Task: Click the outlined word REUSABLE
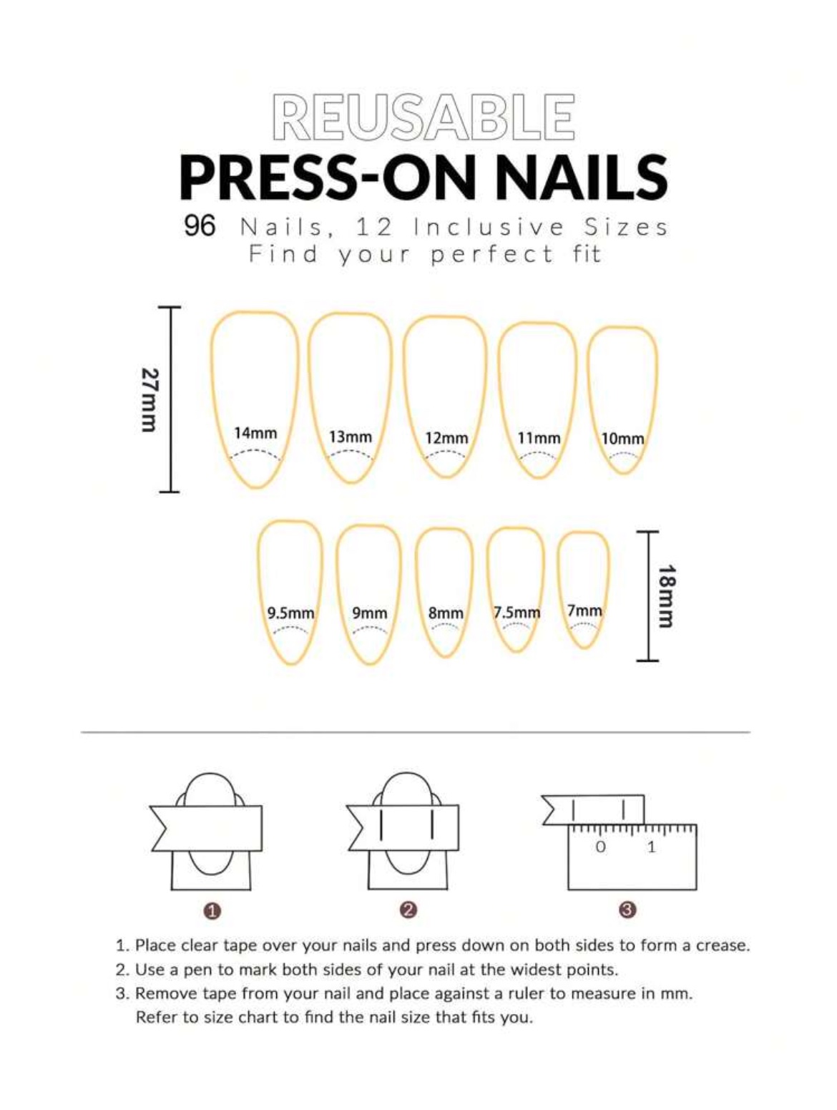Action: tap(423, 117)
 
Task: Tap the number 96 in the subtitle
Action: tap(200, 226)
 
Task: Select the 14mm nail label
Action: tap(255, 433)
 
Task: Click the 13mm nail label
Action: tap(351, 437)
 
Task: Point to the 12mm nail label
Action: tap(446, 438)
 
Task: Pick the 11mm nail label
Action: tap(539, 438)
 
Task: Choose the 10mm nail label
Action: tap(622, 439)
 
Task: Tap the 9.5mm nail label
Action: tap(290, 613)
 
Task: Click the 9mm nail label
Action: tap(370, 613)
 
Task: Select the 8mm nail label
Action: tap(446, 614)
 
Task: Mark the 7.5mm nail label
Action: tap(517, 613)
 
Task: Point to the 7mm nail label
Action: tap(584, 611)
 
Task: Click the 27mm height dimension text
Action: tap(150, 400)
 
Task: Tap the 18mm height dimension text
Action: tap(667, 596)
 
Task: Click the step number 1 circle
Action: tap(212, 911)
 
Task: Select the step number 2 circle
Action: tap(408, 910)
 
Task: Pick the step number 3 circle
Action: tap(627, 910)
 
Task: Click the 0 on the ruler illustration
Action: tap(600, 847)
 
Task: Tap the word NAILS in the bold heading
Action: tap(581, 177)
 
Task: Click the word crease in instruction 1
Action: tap(723, 945)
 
